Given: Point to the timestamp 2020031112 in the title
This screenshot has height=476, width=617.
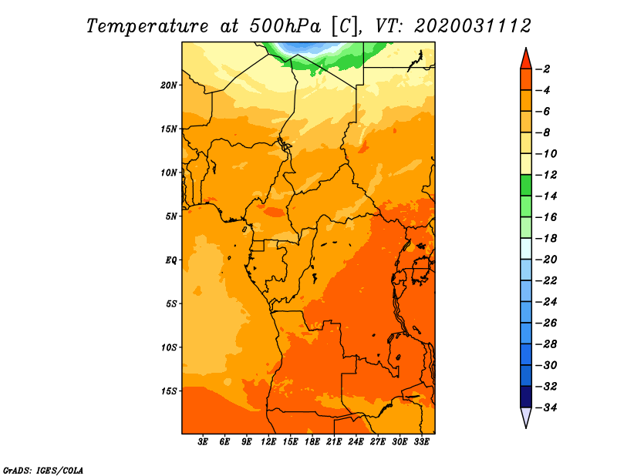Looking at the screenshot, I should click(473, 25).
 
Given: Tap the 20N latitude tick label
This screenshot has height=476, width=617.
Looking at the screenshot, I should click(169, 85).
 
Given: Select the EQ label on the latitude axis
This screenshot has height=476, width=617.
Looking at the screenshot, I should click(171, 260).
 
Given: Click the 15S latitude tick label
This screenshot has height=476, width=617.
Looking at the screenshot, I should click(169, 391).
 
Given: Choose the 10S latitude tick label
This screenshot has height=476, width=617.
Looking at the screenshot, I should click(169, 347).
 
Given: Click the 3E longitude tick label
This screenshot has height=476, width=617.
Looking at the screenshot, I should click(204, 442).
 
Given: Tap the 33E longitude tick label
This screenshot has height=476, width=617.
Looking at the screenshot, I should click(422, 442).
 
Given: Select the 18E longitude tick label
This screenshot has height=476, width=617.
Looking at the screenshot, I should click(312, 442).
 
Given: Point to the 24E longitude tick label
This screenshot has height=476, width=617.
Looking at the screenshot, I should click(356, 442).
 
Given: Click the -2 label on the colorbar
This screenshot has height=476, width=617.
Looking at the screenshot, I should click(544, 69).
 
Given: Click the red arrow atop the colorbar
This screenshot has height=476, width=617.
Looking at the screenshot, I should click(525, 58).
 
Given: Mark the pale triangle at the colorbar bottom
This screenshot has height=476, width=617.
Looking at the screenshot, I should click(525, 417).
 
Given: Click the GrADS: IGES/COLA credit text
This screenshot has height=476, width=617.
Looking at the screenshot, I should click(42, 469).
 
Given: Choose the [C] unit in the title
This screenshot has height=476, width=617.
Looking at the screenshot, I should click(346, 25).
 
